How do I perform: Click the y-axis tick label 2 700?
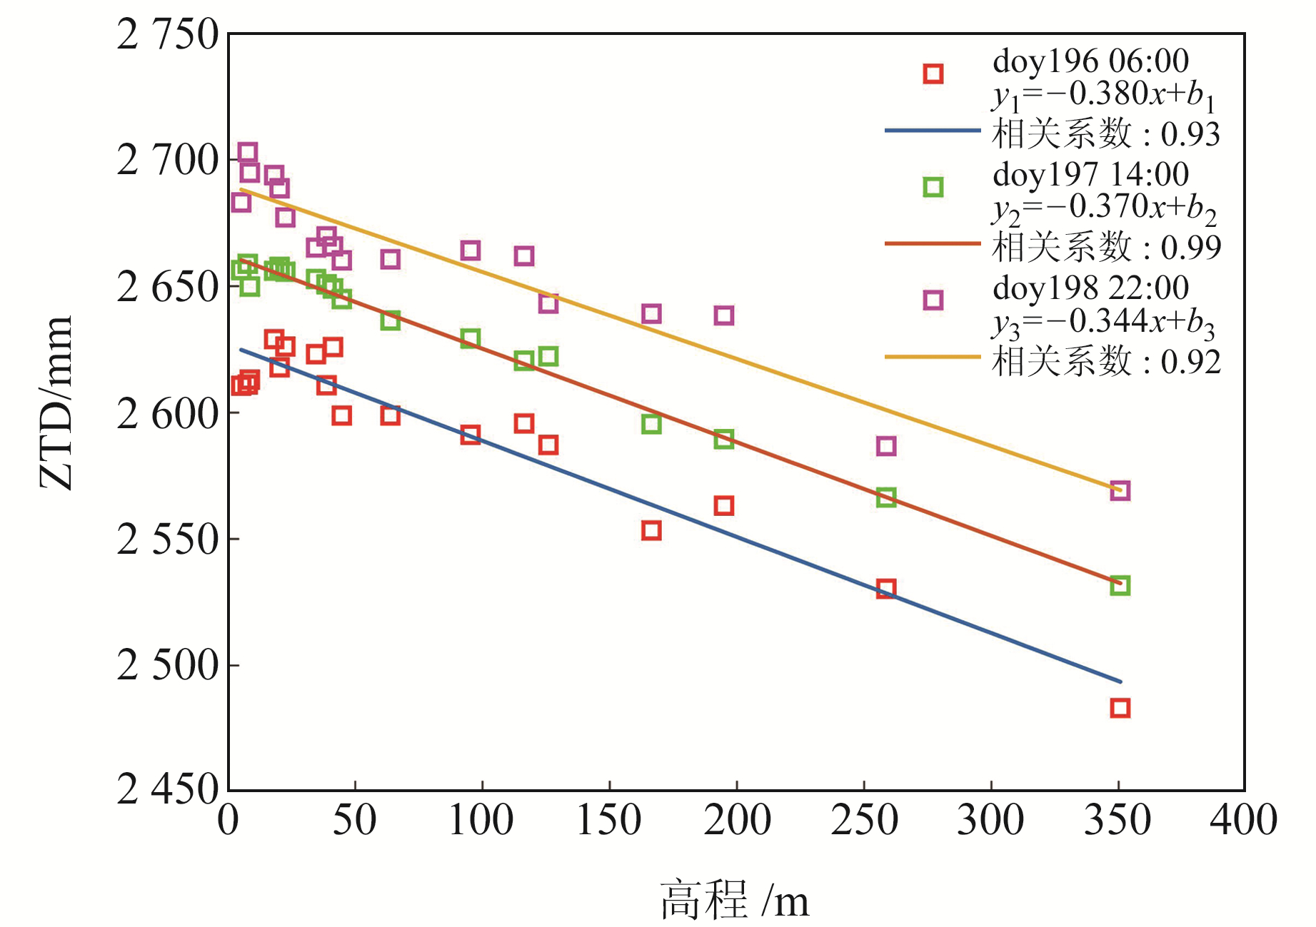(167, 161)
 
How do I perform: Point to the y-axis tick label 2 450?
(167, 790)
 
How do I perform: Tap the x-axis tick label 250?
(864, 821)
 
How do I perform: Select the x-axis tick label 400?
(1243, 821)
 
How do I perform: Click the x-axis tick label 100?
(481, 821)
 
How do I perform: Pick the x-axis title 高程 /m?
(735, 900)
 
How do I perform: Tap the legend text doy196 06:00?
(1090, 61)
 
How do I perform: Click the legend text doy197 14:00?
(1090, 175)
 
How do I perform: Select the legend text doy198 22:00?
(1090, 288)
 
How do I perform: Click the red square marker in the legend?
(933, 74)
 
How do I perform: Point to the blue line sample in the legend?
(933, 131)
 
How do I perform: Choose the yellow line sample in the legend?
(933, 357)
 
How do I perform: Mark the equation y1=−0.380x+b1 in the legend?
(1103, 96)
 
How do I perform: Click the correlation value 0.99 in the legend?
(1190, 248)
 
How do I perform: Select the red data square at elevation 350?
(1120, 708)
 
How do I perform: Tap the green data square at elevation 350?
(1120, 585)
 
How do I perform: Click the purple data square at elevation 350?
(1120, 491)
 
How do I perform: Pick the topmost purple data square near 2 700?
(247, 152)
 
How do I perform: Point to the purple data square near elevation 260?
(885, 446)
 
